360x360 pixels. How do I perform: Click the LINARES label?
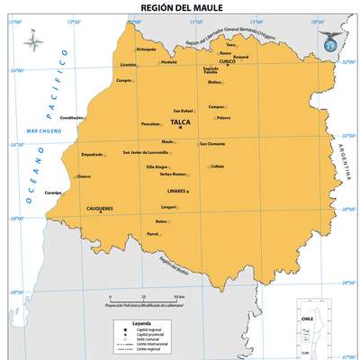(x=176, y=191)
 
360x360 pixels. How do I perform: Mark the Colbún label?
(x=217, y=166)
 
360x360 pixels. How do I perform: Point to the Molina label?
(x=214, y=82)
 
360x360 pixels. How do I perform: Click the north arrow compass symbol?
(x=34, y=40)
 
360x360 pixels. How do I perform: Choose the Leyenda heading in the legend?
(x=142, y=322)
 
